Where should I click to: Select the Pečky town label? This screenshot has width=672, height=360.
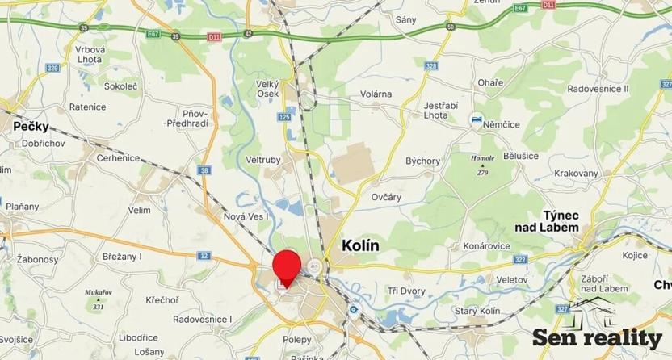coord(31,127)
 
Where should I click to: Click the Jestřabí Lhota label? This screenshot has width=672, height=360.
coord(443,111)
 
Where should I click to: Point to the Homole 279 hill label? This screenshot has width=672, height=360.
coord(484,165)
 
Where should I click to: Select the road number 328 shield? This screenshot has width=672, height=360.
coord(432,65)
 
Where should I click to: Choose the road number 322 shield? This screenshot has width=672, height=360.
coord(520,259)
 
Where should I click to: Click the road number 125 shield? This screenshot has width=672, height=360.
coord(283,118)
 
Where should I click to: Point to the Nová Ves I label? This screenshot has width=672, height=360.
coord(246,216)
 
